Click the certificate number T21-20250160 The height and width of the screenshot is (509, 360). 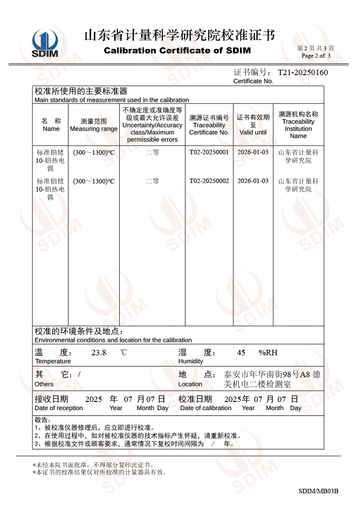tap(302, 73)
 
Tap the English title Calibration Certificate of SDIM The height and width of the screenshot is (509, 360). tap(177, 51)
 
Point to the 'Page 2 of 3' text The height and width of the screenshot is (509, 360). tap(316, 56)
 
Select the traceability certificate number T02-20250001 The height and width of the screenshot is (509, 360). tap(209, 152)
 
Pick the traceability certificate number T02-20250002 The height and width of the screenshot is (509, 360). tap(209, 181)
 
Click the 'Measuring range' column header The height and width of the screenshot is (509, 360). tap(94, 129)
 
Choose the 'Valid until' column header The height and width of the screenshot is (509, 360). tap(253, 132)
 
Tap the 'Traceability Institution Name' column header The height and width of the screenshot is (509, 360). tap(298, 129)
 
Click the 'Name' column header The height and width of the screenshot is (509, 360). tap(51, 129)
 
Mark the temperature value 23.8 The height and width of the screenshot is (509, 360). tap(99, 353)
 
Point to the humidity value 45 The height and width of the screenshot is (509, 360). tap(241, 353)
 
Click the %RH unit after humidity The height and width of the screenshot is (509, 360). tap(268, 353)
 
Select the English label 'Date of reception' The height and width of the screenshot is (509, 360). tap(58, 408)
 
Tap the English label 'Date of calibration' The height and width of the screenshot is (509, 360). tap(206, 408)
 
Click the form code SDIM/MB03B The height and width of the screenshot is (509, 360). tap(318, 491)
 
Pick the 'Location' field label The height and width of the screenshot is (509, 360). tap(190, 384)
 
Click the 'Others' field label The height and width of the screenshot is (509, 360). tap(44, 384)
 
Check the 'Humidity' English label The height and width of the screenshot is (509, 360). tap(191, 361)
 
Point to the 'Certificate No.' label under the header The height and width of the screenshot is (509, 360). tap(253, 81)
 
